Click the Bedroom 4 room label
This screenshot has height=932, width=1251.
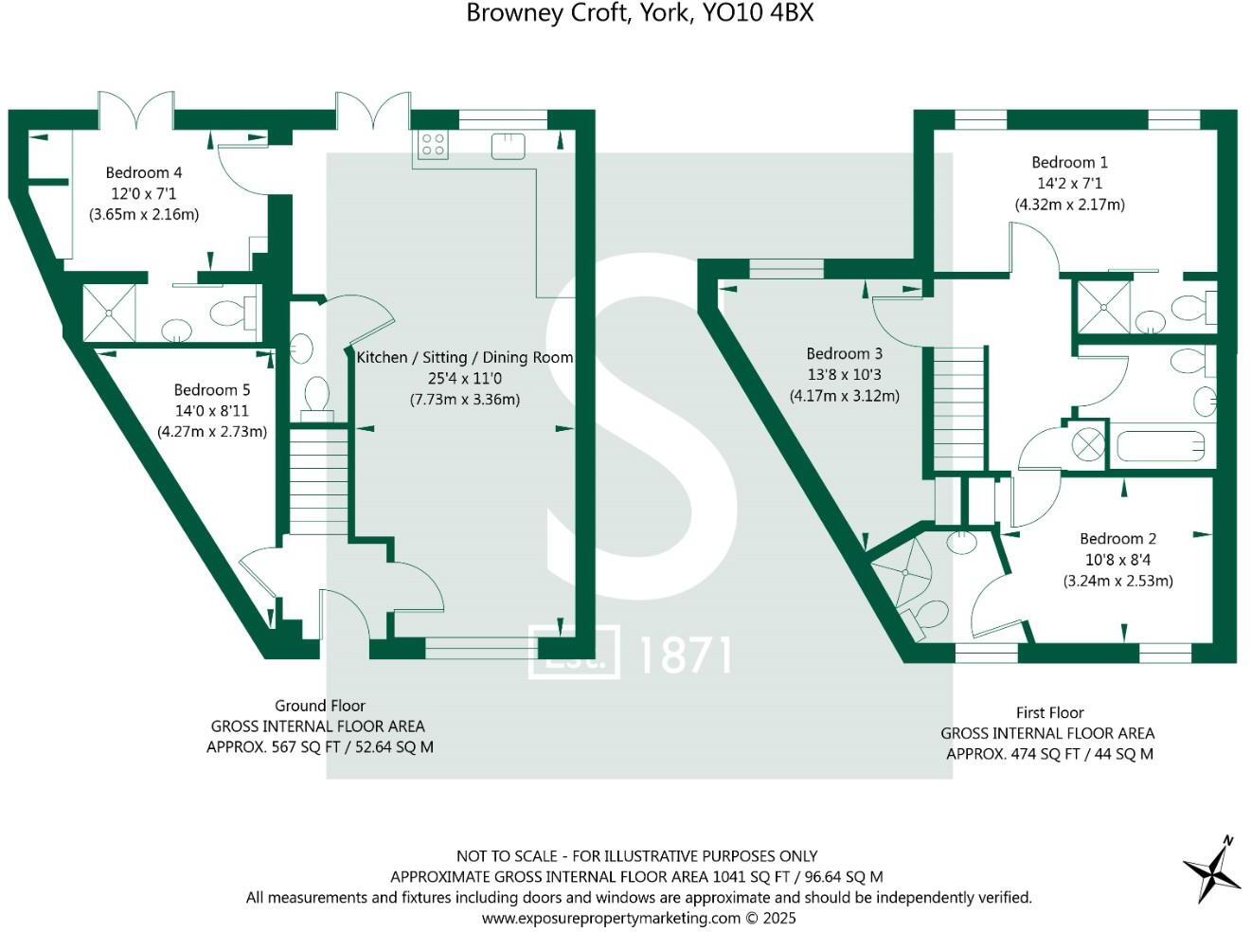tap(144, 172)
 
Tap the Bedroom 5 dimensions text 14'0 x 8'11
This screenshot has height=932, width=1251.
tap(212, 410)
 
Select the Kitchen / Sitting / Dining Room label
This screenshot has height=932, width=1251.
tap(464, 357)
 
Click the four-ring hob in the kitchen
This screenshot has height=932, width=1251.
tap(433, 144)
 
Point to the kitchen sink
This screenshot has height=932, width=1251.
tap(509, 145)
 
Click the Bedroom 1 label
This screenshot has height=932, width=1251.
tap(1069, 162)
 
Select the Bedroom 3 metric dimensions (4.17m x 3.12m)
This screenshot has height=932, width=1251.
tap(845, 395)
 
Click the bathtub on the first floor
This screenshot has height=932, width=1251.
tap(1161, 445)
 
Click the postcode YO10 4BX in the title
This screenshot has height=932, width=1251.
tap(758, 13)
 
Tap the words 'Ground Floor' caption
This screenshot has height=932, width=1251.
tap(319, 705)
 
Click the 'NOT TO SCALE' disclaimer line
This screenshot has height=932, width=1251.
tap(636, 855)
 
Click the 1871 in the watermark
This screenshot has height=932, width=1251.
tap(685, 654)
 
